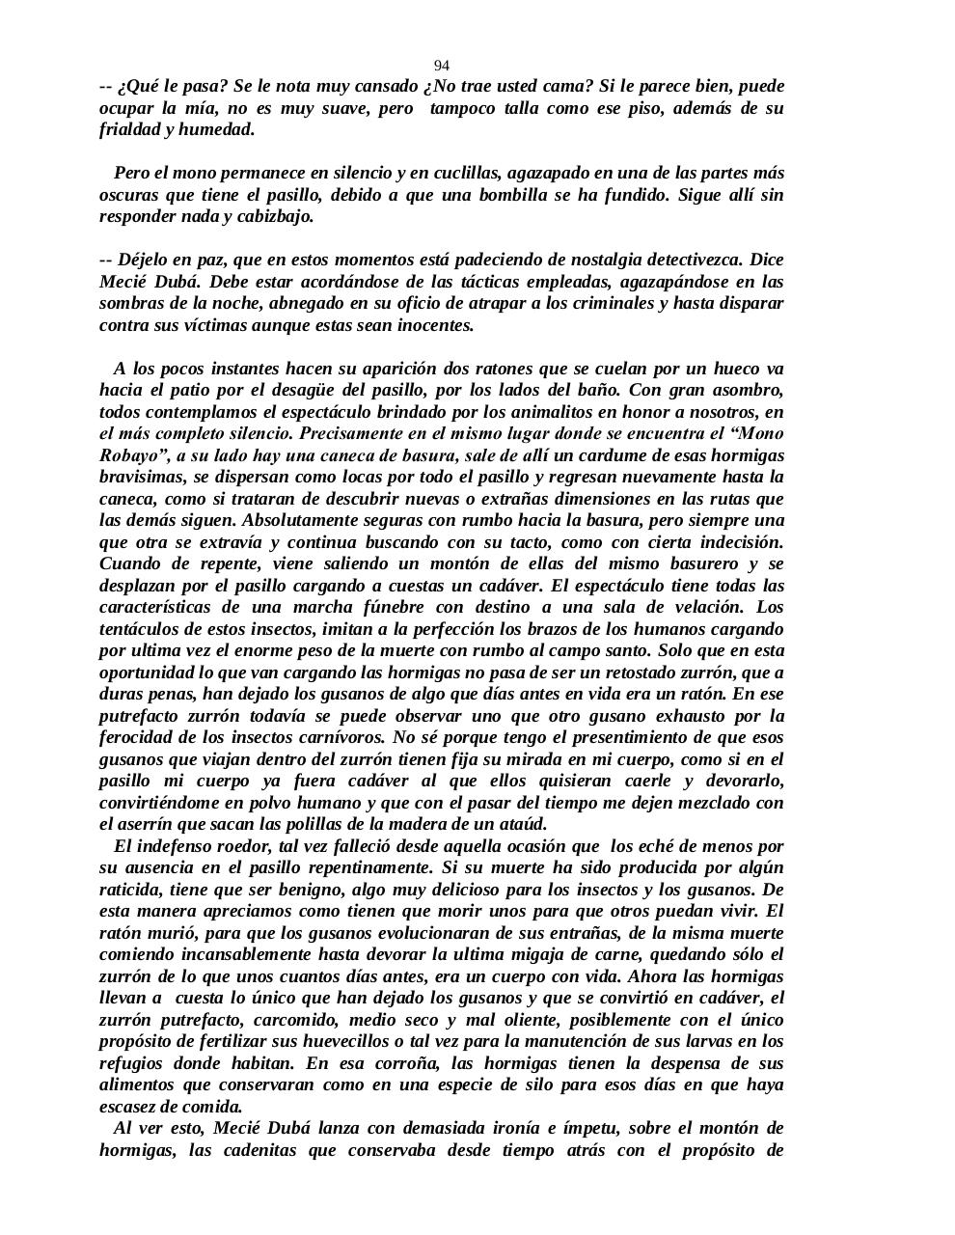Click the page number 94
coord(441,66)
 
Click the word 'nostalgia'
coord(589,260)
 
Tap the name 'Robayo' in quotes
coord(128,455)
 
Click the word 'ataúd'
coord(524,824)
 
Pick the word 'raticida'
coord(131,890)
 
